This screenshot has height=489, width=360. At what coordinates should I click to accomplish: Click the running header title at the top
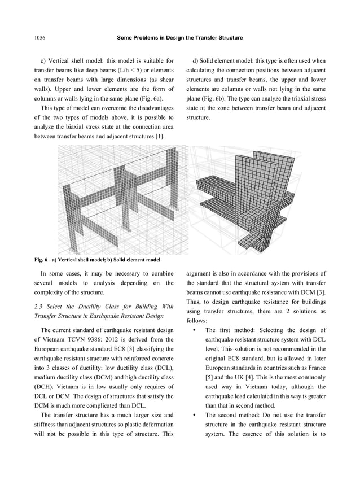(179, 38)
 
